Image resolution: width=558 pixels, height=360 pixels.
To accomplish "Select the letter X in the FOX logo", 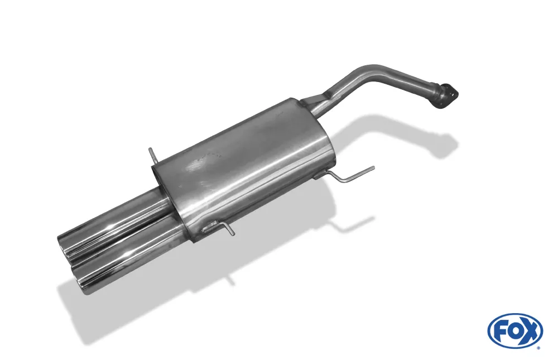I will pos(530,331).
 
